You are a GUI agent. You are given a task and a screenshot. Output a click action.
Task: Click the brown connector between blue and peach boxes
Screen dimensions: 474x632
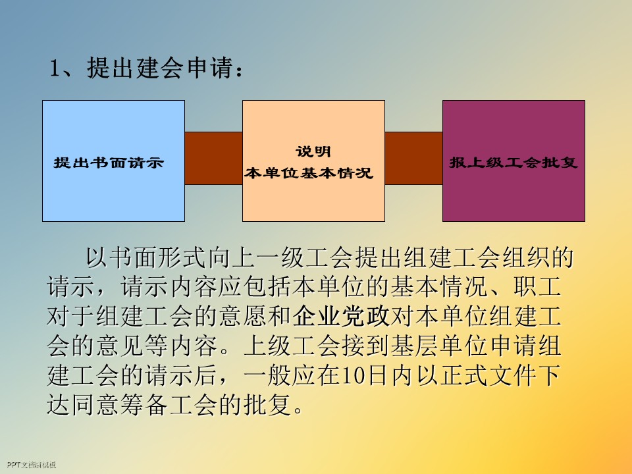coord(213,158)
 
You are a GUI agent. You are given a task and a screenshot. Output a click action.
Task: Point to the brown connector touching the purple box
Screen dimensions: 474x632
coord(413,158)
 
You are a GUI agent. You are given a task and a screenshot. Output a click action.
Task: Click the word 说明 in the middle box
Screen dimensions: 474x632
coord(313,152)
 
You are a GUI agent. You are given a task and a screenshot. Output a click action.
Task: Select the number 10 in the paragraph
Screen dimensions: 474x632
coord(350,376)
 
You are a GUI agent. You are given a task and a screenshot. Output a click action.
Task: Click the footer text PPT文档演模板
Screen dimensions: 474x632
coord(29,465)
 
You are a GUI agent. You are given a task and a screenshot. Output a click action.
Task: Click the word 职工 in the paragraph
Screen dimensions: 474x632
coord(539,288)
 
